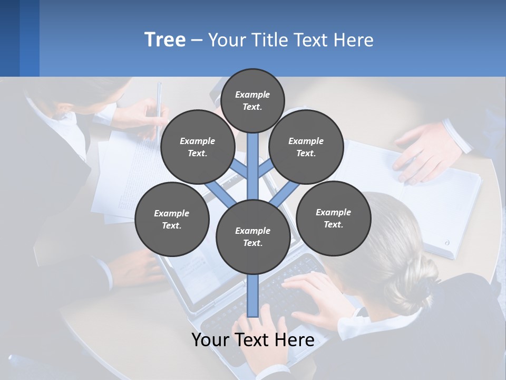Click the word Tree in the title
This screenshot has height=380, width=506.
pos(165,40)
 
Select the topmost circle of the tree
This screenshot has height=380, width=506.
pos(252,100)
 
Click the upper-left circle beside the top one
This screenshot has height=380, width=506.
pos(198,147)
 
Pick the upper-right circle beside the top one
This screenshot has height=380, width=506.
pos(306,147)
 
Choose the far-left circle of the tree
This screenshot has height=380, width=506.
pos(172,219)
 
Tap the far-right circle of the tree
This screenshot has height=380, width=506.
pos(334,218)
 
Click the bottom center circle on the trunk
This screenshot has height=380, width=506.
pos(253,236)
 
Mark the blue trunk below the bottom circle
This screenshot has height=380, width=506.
pos(253,296)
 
